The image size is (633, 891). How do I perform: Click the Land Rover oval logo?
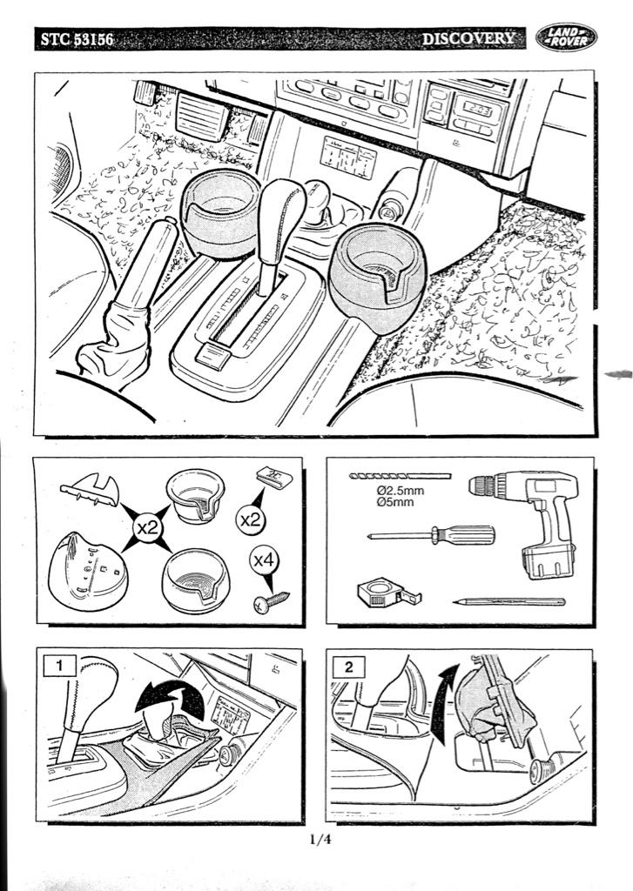[566, 37]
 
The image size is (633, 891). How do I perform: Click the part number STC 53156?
[77, 39]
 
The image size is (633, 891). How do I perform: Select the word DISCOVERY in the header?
[468, 38]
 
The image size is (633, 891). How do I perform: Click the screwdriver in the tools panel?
[431, 535]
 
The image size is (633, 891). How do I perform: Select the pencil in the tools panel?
[509, 602]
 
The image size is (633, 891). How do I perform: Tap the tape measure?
[388, 593]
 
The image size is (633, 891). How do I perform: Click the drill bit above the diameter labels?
[400, 476]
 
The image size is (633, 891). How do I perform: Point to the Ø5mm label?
[395, 502]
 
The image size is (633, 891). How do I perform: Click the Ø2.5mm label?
[400, 491]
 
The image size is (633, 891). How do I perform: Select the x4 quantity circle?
[264, 561]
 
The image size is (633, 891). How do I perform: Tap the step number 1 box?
[60, 665]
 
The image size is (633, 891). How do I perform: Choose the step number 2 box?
[348, 666]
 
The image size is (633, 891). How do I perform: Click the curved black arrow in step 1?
[171, 697]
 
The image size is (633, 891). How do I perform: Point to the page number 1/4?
[320, 839]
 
